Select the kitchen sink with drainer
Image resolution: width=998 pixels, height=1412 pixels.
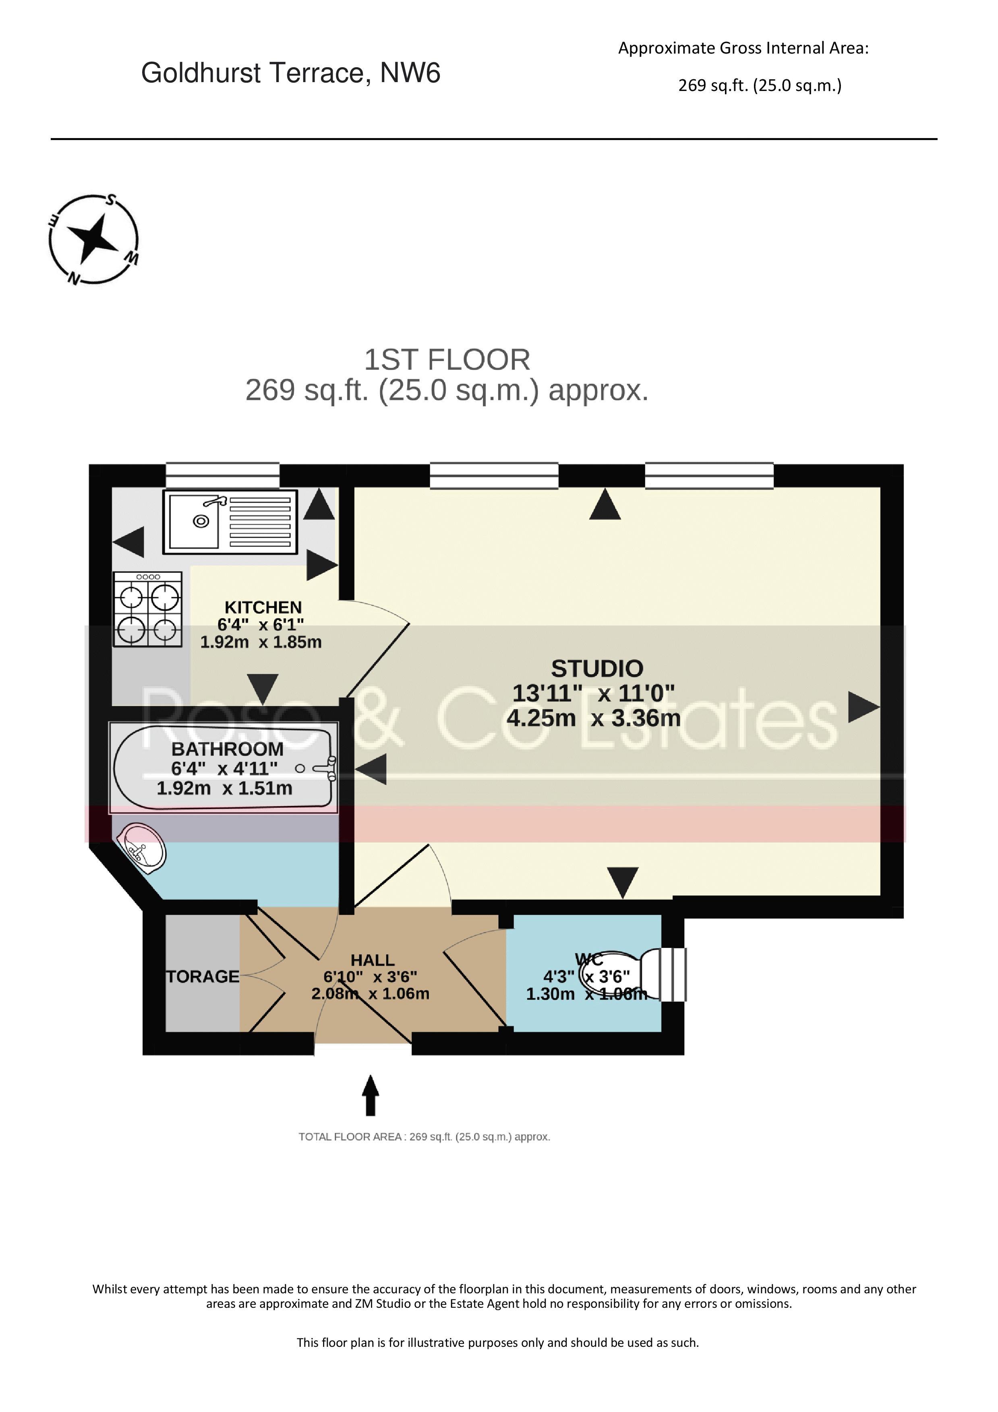point(230,522)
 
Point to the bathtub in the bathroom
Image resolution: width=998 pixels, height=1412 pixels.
point(224,768)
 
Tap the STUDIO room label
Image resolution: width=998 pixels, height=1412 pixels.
point(597,669)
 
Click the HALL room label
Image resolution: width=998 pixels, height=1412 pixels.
point(372,960)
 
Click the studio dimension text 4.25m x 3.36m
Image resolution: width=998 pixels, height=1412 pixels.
point(594,718)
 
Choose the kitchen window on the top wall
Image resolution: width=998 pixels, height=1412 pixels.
point(223,476)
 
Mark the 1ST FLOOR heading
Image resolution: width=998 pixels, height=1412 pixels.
point(447,360)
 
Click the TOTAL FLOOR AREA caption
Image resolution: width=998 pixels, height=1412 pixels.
point(424,1137)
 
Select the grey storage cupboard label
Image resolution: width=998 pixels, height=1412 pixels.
point(203,976)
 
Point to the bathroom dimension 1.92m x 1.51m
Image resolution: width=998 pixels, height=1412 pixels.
point(225,789)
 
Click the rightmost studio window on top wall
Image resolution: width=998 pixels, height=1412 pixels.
point(709,476)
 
